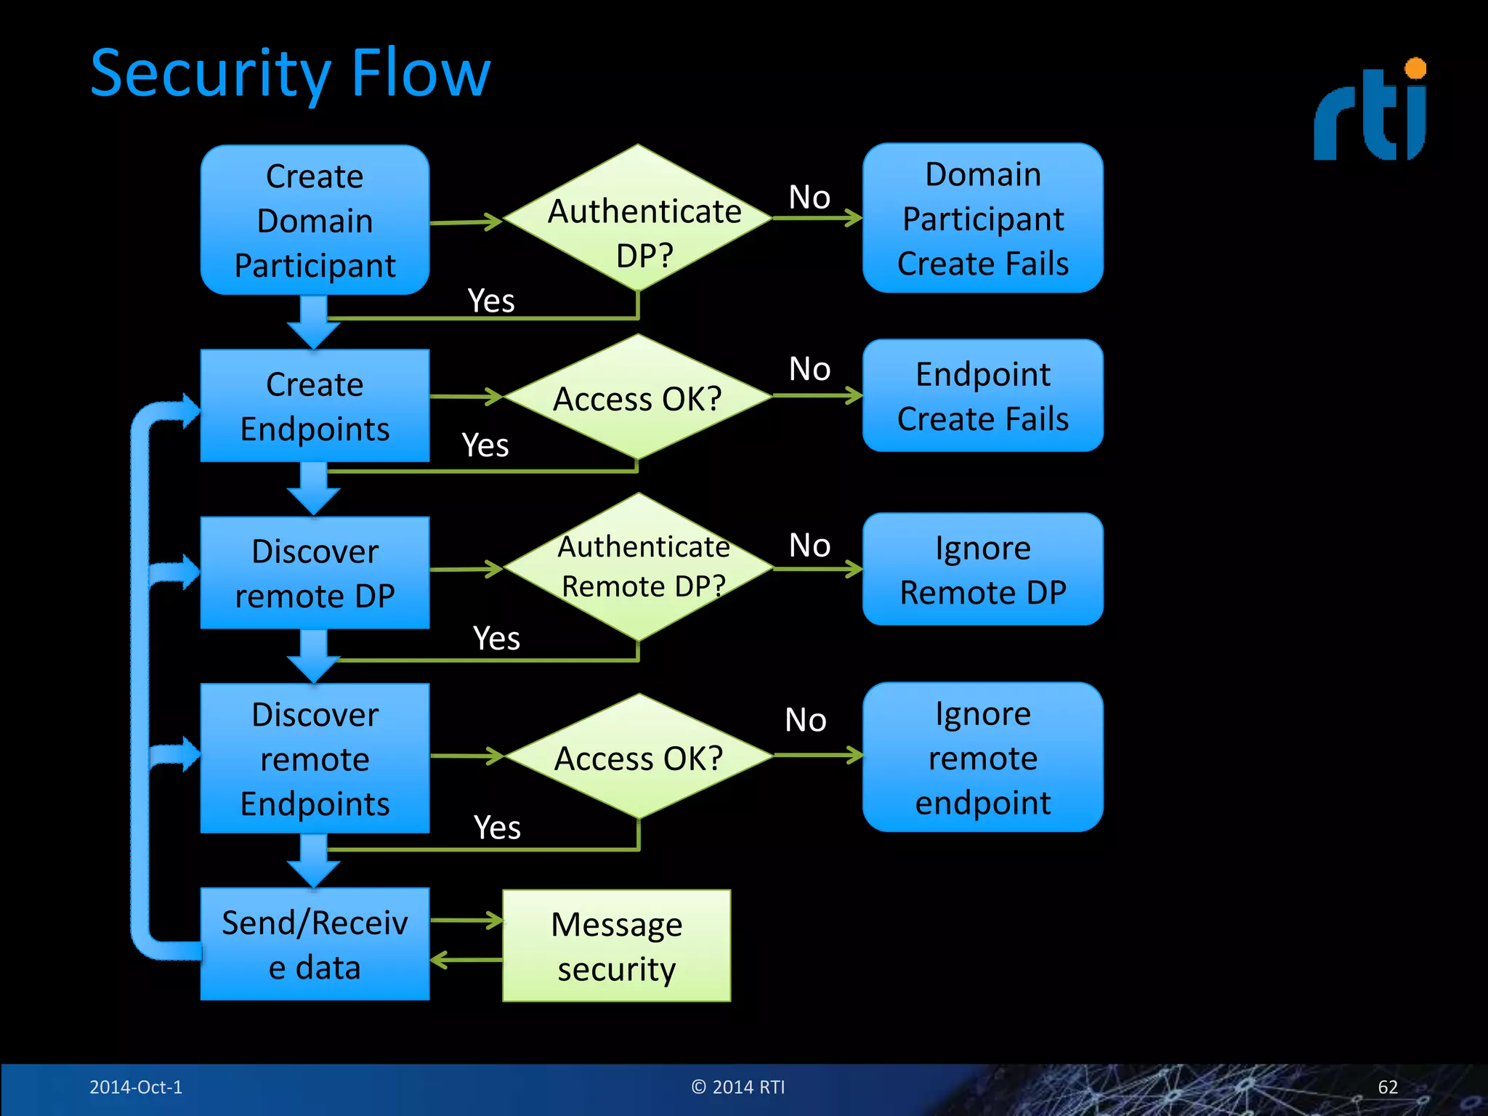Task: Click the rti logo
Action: [1370, 113]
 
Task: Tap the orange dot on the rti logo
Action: [1415, 69]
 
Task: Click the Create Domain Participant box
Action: [315, 220]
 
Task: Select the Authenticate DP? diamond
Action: [638, 218]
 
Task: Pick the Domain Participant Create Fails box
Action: [982, 218]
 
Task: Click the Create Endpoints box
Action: [315, 405]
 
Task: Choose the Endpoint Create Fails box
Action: [982, 396]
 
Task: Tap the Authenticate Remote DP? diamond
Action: [638, 567]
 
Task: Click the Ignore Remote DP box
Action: [982, 569]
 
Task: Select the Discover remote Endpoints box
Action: [315, 758]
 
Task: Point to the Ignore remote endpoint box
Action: [982, 757]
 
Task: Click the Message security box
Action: [616, 945]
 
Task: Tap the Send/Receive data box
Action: [315, 944]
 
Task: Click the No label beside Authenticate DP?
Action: [809, 197]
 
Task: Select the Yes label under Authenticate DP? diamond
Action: [491, 301]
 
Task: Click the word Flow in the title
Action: [421, 73]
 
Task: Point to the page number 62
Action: [1387, 1087]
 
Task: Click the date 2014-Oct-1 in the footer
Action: [136, 1087]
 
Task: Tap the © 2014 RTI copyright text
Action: [737, 1087]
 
